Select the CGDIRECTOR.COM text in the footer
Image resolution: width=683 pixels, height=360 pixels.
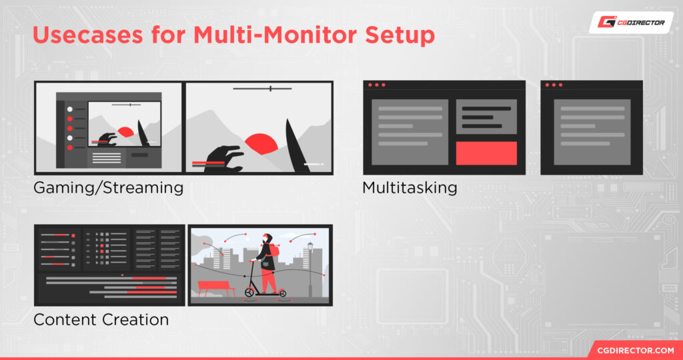click(x=634, y=350)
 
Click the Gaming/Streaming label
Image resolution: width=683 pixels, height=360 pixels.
click(x=108, y=188)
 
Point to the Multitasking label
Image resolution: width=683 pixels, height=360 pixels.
click(x=410, y=188)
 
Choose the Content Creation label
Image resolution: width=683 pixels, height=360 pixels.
click(x=101, y=320)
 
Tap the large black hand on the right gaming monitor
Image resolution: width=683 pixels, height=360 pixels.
click(x=223, y=159)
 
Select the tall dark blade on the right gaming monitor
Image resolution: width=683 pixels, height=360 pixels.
click(x=296, y=147)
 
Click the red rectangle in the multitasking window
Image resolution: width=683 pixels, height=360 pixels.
click(x=486, y=153)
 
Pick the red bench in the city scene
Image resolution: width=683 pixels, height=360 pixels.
click(x=216, y=287)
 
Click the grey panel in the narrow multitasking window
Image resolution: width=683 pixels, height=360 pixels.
click(x=592, y=132)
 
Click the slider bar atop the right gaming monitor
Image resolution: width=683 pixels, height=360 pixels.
click(x=262, y=88)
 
